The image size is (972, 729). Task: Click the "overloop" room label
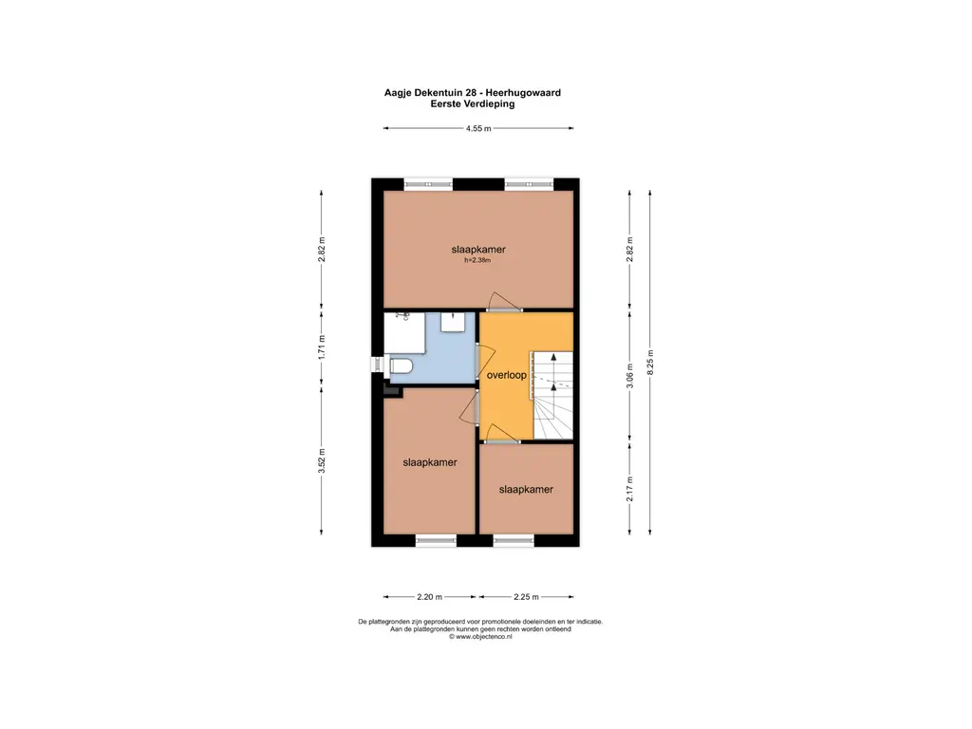[506, 375]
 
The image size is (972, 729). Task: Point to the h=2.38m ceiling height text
[477, 260]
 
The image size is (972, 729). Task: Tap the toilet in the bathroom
[399, 366]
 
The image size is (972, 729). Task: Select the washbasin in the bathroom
[454, 323]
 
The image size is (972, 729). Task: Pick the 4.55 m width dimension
[477, 129]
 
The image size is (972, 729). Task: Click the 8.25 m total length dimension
[650, 362]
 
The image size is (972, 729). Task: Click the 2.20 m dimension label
[430, 597]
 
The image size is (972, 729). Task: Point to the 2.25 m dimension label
[526, 597]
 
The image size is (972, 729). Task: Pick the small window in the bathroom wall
[375, 365]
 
